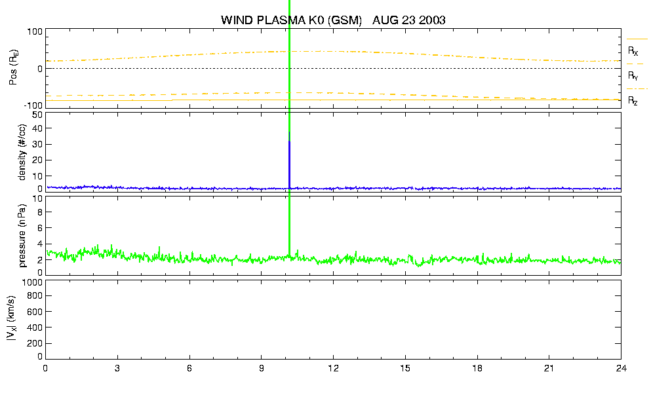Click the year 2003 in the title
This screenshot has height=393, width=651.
(x=431, y=20)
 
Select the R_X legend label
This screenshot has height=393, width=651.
(x=633, y=51)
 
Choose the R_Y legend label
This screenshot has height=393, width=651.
(x=633, y=76)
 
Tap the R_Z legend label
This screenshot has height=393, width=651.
(x=633, y=101)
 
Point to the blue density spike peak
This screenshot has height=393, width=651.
(x=289, y=132)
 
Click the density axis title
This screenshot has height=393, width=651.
(x=22, y=153)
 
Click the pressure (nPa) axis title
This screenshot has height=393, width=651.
(x=22, y=236)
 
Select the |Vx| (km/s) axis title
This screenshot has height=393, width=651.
(x=12, y=319)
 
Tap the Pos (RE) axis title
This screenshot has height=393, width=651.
(x=13, y=68)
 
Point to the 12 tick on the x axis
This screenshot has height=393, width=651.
(x=333, y=369)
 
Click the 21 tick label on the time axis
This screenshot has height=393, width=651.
(x=549, y=369)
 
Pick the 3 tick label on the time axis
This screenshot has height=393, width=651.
(x=117, y=369)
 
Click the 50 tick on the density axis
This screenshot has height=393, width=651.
(x=37, y=115)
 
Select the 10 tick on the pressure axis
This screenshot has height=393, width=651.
(x=37, y=198)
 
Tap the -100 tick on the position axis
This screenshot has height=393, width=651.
(x=33, y=105)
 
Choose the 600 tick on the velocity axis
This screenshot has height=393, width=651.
(x=35, y=312)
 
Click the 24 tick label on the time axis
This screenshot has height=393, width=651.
(x=621, y=369)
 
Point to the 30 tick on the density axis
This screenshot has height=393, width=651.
(x=37, y=144)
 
